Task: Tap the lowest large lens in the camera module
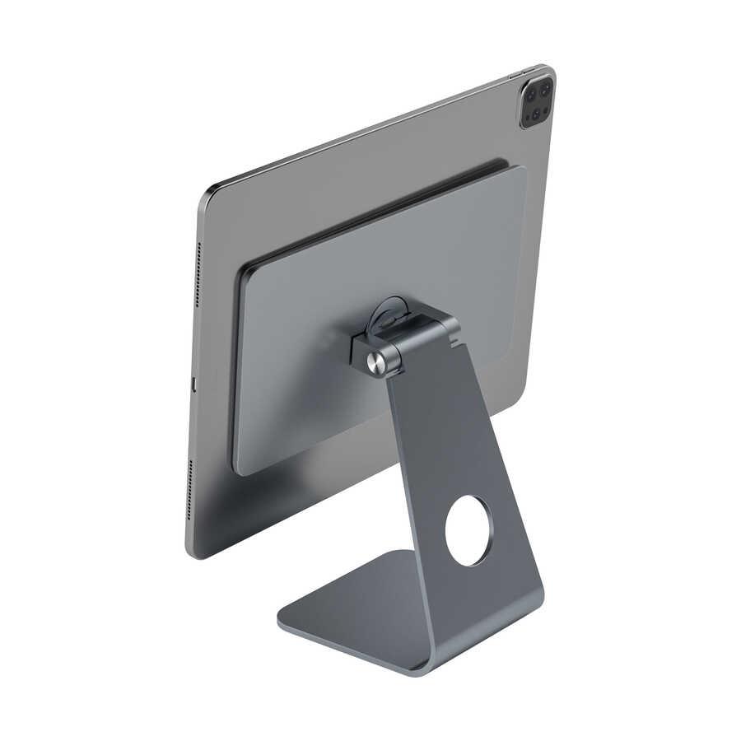click(x=531, y=115)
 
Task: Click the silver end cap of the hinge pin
click(x=377, y=362)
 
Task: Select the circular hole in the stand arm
click(x=468, y=530)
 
